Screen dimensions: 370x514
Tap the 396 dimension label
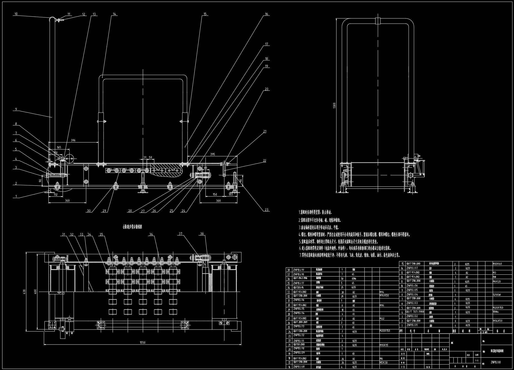click(73, 140)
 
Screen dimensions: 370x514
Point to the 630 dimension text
click(24, 291)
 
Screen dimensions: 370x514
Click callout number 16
click(266, 14)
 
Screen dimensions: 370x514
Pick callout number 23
click(266, 210)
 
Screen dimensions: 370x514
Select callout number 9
click(16, 109)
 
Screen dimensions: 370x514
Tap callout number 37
click(181, 234)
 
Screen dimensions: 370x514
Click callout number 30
click(89, 211)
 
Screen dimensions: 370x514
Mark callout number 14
click(115, 14)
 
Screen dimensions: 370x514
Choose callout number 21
click(265, 131)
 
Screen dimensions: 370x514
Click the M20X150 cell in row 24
click(385, 331)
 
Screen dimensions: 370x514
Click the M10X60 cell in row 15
click(498, 264)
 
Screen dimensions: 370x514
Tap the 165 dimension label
click(59, 147)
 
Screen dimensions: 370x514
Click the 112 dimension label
click(56, 195)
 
